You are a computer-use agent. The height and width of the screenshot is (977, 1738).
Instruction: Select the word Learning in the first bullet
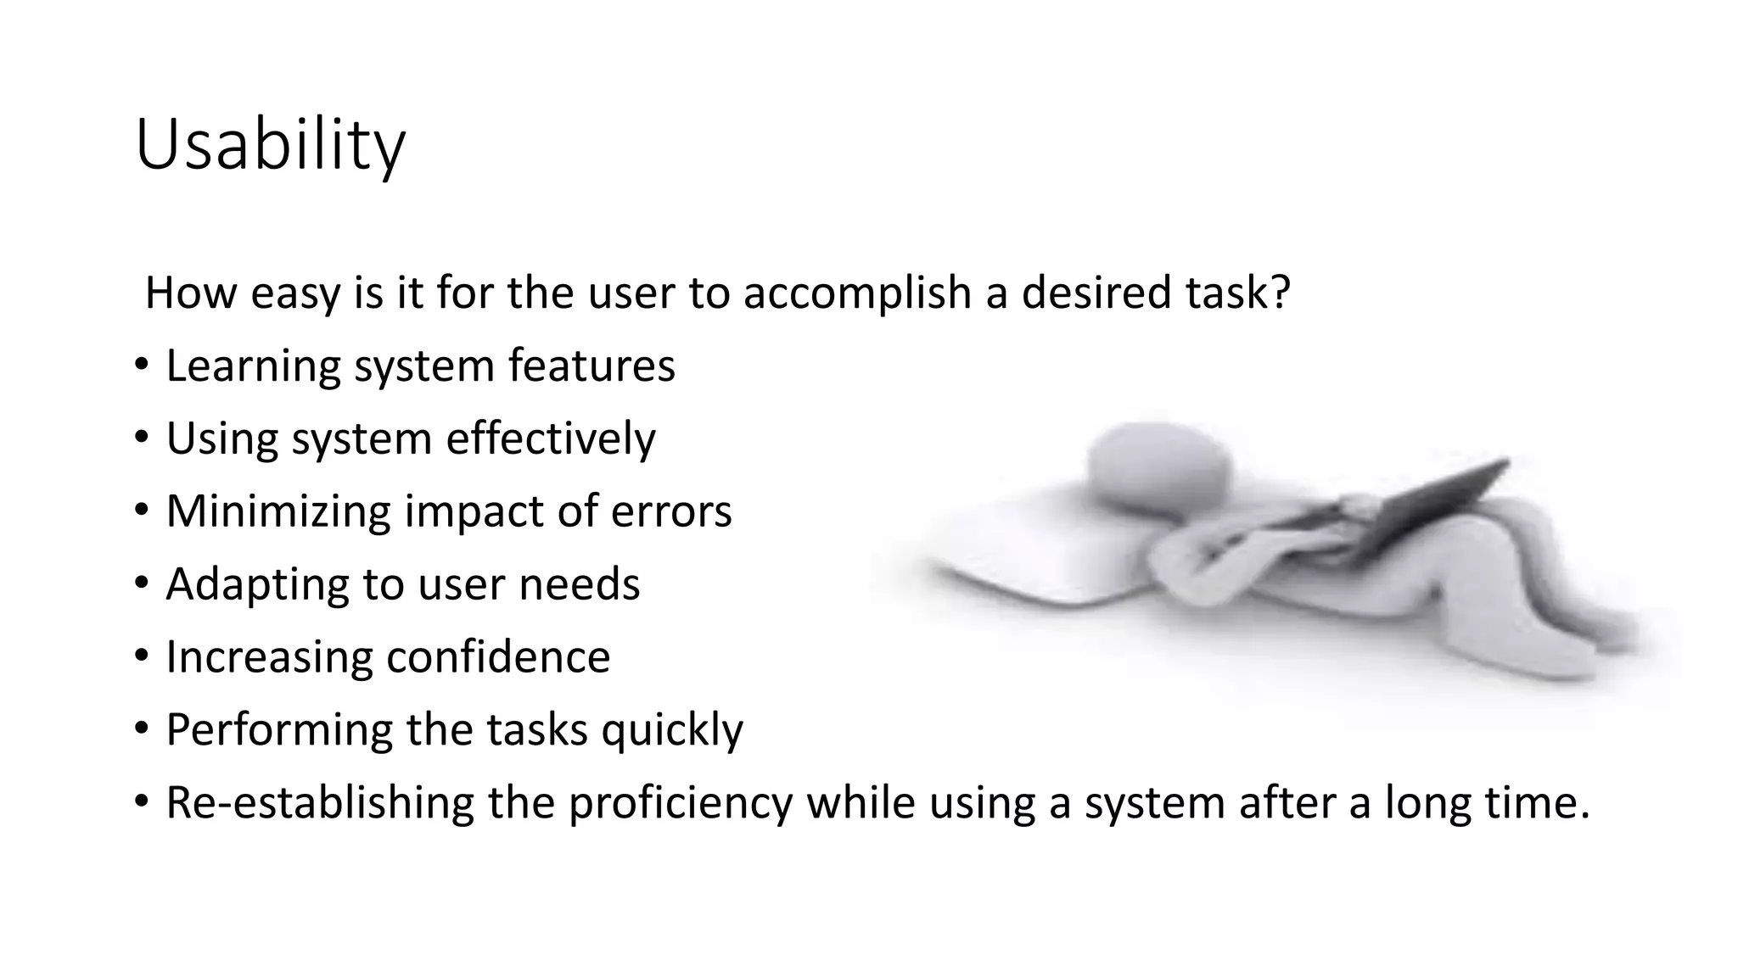coord(253,366)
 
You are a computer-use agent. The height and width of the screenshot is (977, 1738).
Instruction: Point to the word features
coord(591,366)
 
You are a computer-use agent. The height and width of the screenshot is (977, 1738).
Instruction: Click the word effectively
coord(551,439)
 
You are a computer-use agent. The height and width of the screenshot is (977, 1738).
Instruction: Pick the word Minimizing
coord(278,511)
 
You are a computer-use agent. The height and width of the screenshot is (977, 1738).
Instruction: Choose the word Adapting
coord(256,584)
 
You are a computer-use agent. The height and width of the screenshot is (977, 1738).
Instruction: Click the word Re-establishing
coord(320,803)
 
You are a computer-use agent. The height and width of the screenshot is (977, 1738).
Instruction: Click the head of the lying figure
coord(1158,466)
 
